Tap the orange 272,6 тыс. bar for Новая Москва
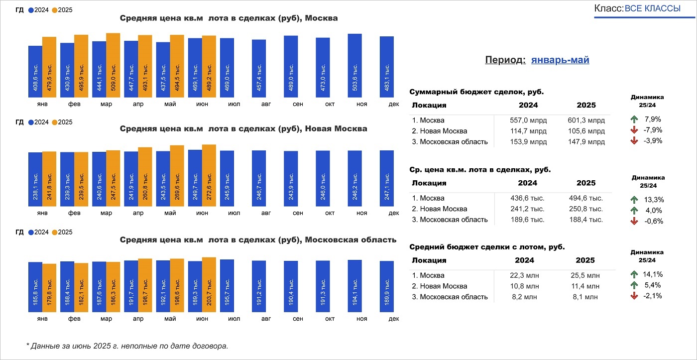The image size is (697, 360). tap(209, 176)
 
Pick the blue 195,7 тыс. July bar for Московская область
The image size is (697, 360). tap(227, 285)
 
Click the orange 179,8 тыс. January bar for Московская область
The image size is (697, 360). tap(49, 287)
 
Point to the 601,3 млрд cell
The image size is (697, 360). tap(586, 120)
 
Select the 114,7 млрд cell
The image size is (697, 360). tap(528, 131)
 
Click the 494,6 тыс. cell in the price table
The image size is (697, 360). tap(586, 198)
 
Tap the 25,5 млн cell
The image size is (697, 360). tap(585, 275)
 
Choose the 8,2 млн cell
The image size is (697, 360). tap(528, 297)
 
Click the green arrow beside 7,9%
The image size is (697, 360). tap(634, 120)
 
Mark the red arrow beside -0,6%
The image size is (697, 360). tap(634, 221)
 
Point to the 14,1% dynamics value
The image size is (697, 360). tap(653, 274)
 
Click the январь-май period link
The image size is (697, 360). tap(560, 60)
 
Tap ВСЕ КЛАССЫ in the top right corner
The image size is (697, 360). tap(652, 9)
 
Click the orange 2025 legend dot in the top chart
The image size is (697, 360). tap(54, 10)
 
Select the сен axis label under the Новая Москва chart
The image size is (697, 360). tap(298, 213)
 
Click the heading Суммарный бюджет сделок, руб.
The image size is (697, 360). tap(476, 92)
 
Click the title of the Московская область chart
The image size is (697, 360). tap(258, 240)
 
